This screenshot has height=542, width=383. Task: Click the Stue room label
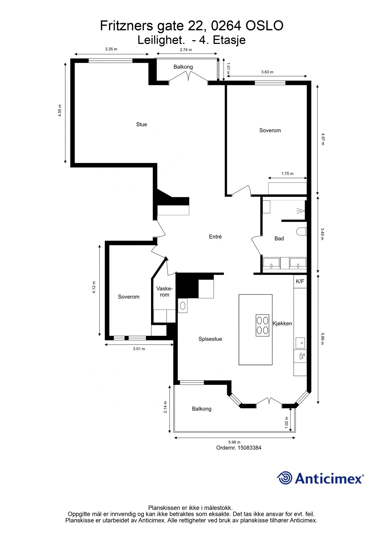click(x=141, y=124)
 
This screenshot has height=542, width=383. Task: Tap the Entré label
click(x=215, y=237)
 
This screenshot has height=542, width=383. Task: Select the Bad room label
click(x=279, y=238)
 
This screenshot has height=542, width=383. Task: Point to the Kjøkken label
click(x=282, y=324)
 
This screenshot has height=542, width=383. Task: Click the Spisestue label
click(x=210, y=339)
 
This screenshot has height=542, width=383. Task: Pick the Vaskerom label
click(x=165, y=291)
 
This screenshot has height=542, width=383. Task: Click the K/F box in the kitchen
click(x=300, y=282)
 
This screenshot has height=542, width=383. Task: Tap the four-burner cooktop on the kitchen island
click(x=262, y=325)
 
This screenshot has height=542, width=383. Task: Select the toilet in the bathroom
click(x=301, y=231)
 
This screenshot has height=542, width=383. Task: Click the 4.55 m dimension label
click(x=60, y=111)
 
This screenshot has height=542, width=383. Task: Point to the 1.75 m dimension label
click(x=287, y=173)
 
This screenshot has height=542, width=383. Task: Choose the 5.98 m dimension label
click(x=234, y=442)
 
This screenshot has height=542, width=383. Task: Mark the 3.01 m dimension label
click(x=139, y=349)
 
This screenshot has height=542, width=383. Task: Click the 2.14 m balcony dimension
click(x=165, y=407)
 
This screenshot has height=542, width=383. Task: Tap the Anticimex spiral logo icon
click(x=284, y=478)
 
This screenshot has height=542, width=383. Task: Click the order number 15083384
click(x=249, y=448)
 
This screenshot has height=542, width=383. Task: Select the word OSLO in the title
click(x=264, y=26)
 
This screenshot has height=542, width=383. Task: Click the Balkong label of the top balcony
click(x=183, y=67)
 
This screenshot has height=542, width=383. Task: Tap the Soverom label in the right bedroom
click(x=270, y=130)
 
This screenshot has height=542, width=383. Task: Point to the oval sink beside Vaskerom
click(x=183, y=306)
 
